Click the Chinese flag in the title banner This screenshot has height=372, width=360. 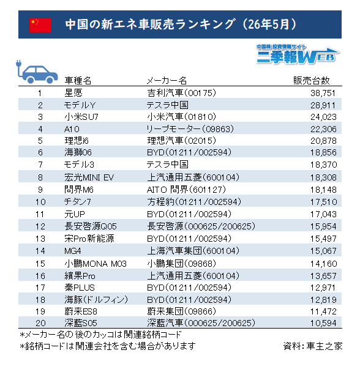[x=40, y=25]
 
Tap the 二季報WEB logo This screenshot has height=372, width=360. [x=298, y=54]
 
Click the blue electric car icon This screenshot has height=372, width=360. [x=37, y=72]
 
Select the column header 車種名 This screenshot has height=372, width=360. [x=78, y=81]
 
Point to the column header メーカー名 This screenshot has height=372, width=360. [x=167, y=81]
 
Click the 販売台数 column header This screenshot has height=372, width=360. [x=311, y=81]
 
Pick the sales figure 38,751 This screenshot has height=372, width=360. [x=323, y=93]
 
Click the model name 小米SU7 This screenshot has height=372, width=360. [x=81, y=117]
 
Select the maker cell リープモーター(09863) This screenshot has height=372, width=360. [x=190, y=129]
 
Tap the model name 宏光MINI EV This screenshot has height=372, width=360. [x=89, y=177]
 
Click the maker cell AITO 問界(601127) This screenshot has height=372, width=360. [x=186, y=190]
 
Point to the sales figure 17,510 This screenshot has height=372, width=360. [x=324, y=202]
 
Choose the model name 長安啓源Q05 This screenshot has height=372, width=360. [x=91, y=226]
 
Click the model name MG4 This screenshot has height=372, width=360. [x=73, y=251]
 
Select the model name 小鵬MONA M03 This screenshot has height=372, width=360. [x=96, y=264]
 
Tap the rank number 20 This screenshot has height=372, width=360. [x=40, y=323]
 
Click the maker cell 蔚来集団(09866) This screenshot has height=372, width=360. [x=181, y=311]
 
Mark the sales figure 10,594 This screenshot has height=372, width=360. [x=323, y=323]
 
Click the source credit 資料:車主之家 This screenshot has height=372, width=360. [x=313, y=346]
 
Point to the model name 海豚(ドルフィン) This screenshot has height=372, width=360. [x=96, y=299]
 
